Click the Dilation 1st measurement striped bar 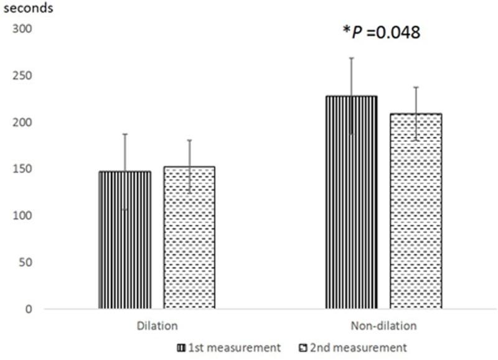tap(125, 240)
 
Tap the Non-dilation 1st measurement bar tap(351, 202)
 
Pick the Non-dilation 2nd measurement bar tap(416, 212)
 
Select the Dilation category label tap(157, 326)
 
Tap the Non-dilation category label tap(383, 326)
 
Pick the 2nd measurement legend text tap(371, 347)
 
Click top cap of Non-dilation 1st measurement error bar tap(351, 58)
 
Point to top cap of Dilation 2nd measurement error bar tap(189, 140)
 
